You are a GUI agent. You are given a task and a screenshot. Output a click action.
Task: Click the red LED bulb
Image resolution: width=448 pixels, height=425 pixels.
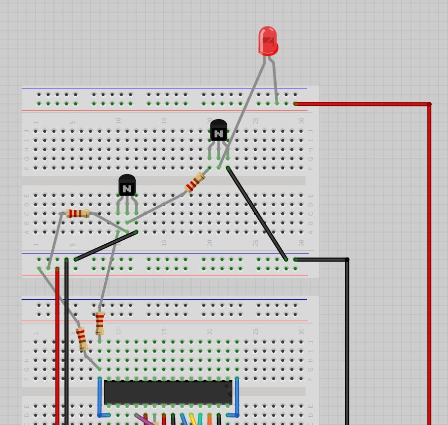(267, 40)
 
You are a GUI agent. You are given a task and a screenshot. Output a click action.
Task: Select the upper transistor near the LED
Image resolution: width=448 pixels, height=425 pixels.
(218, 131)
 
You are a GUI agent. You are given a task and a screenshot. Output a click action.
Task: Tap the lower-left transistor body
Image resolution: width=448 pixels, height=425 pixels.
(127, 186)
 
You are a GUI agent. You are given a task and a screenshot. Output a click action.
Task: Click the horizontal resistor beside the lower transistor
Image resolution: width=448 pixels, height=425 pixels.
(78, 214)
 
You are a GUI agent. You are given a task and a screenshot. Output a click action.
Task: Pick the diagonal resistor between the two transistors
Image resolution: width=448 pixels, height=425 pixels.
(194, 183)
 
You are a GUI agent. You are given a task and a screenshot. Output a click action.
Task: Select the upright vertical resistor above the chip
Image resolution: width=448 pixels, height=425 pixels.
(100, 323)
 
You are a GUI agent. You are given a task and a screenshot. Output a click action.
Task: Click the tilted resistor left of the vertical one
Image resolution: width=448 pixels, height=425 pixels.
(81, 339)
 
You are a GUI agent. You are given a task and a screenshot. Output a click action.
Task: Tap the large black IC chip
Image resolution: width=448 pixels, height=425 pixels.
(168, 392)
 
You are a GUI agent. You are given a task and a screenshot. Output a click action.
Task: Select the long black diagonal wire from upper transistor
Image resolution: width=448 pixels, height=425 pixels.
(257, 214)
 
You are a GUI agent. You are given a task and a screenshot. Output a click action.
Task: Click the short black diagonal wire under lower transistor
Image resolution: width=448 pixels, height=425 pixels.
(106, 246)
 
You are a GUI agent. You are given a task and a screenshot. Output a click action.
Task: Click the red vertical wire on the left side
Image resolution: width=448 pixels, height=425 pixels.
(57, 346)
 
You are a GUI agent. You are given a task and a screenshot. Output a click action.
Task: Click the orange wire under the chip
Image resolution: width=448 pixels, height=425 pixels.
(209, 419)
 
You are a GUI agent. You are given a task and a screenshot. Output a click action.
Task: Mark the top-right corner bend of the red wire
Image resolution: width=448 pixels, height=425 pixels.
(429, 104)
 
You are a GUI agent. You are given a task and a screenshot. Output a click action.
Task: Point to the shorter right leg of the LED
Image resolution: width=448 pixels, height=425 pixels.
(275, 81)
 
